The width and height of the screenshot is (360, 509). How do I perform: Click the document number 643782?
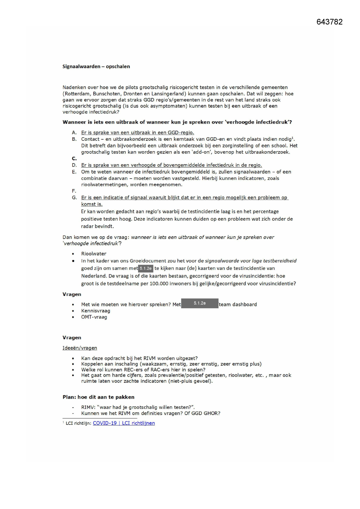(x=329, y=22)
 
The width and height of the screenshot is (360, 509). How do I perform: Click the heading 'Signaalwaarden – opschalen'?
(x=96, y=66)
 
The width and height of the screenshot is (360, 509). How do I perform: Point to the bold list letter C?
(x=74, y=158)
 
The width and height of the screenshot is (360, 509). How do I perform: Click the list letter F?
(x=74, y=191)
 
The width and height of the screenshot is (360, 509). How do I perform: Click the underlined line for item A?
(x=138, y=133)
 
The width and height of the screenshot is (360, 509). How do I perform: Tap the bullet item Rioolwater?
(x=94, y=254)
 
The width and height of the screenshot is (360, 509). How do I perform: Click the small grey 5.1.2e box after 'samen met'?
(x=146, y=268)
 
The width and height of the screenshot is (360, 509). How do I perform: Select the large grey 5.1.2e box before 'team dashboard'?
(x=200, y=303)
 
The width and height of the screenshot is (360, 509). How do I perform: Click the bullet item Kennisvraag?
(x=95, y=311)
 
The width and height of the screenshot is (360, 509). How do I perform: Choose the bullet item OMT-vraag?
(x=94, y=317)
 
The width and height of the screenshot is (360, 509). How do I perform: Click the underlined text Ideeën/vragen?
(x=80, y=348)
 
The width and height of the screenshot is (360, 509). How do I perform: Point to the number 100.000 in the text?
(x=159, y=284)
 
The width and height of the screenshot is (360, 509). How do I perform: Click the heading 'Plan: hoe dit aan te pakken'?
(x=98, y=397)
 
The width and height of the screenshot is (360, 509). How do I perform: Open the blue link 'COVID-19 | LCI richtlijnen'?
(x=124, y=423)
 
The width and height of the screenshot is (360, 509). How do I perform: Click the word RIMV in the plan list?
(x=87, y=407)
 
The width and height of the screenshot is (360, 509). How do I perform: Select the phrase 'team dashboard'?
(x=238, y=304)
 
